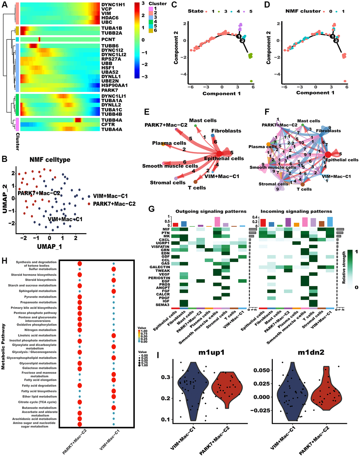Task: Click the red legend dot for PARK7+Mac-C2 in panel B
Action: coord(90,204)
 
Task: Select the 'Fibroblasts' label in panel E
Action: coord(226,131)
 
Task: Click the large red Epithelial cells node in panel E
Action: coord(219,154)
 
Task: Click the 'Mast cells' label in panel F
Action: coord(308,121)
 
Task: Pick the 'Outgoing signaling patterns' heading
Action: coord(211,211)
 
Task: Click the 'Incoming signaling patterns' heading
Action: coord(296,211)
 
